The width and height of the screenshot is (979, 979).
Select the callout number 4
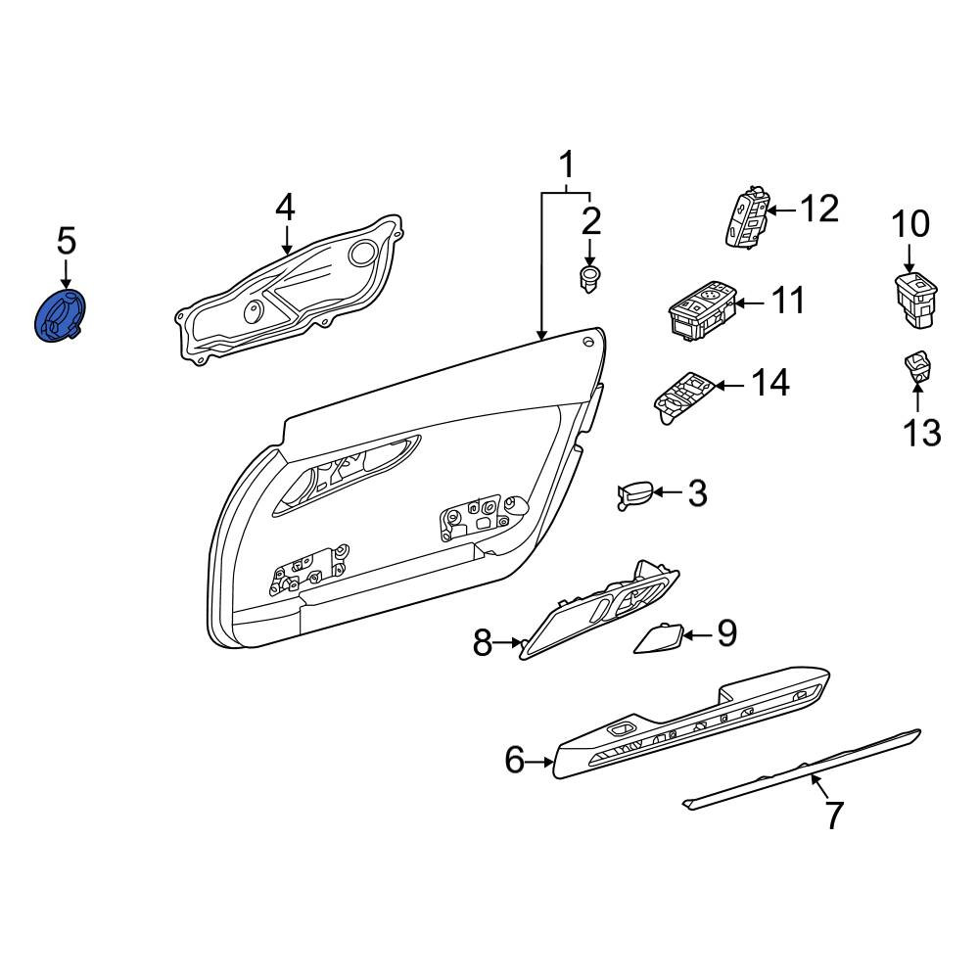click(285, 208)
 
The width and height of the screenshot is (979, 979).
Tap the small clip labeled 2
click(588, 279)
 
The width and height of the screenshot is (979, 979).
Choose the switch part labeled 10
click(916, 300)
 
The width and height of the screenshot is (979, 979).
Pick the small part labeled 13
click(915, 366)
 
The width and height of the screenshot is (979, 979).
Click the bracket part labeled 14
click(683, 397)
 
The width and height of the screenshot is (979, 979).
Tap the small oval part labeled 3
click(635, 495)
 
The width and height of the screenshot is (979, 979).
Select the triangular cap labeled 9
click(658, 638)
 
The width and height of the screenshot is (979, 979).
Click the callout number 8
click(482, 643)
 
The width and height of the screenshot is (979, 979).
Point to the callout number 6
click(515, 760)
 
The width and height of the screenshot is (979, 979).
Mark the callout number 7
click(835, 815)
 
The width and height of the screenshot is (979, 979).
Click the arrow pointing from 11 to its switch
click(749, 303)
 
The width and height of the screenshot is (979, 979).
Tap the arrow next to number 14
click(729, 386)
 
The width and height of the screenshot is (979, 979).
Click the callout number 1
click(566, 164)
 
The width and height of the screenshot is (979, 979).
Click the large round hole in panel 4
click(361, 253)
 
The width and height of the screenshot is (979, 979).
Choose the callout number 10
click(910, 223)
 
